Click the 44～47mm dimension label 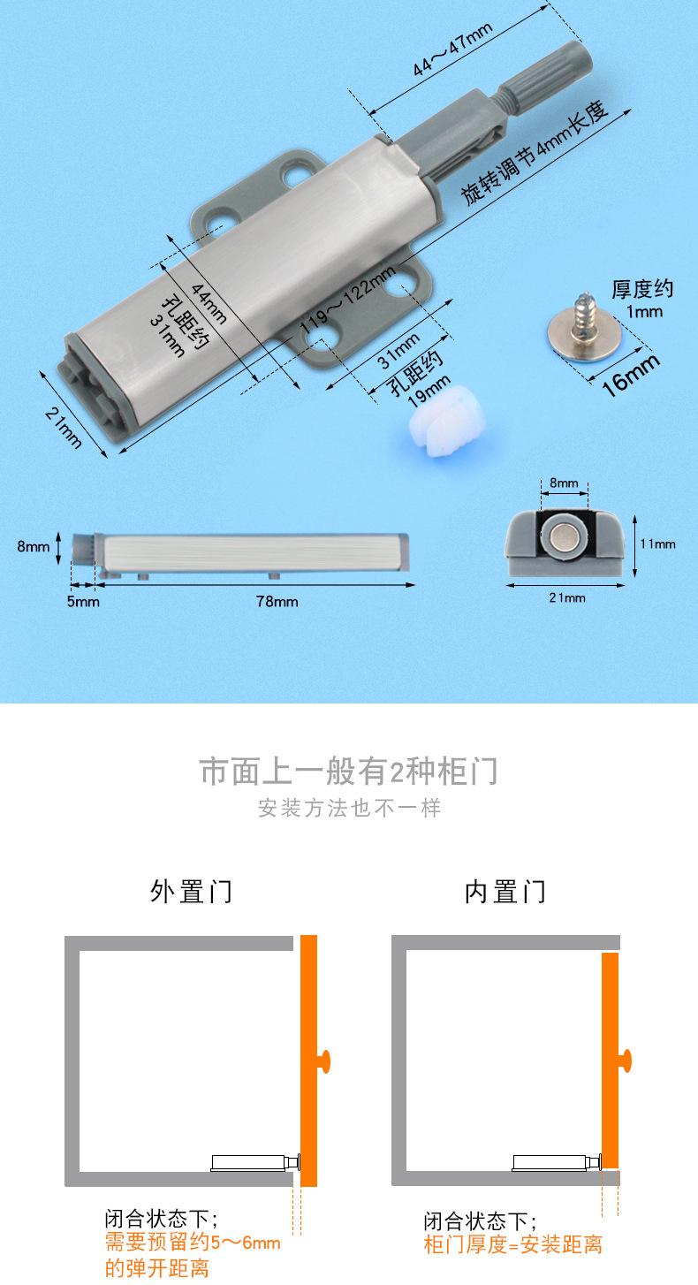tap(452, 49)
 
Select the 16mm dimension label tap(631, 375)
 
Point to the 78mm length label tap(277, 601)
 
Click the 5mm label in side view tap(83, 601)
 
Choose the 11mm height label tap(658, 544)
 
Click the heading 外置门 tap(191, 891)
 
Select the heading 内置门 tap(505, 891)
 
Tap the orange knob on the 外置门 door tap(324, 1061)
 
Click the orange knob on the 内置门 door tap(626, 1061)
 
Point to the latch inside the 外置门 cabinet tap(256, 1162)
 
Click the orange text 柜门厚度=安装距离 tap(512, 1244)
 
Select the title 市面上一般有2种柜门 tap(349, 771)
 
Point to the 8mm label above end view tap(564, 483)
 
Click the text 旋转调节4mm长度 tap(535, 154)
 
